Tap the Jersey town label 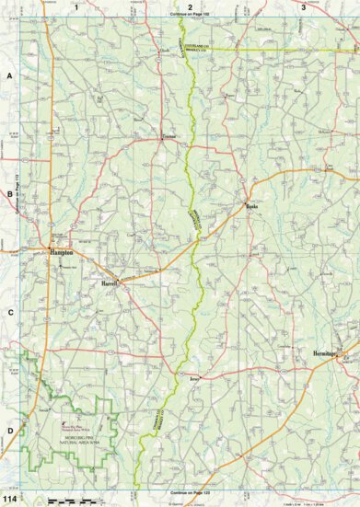(193, 377)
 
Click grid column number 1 (75, 6)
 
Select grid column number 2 (190, 6)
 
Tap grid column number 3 (303, 6)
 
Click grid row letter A (9, 77)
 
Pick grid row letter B (9, 194)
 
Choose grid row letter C (9, 312)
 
